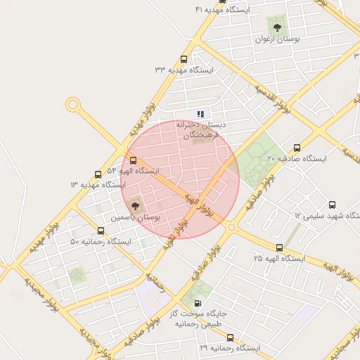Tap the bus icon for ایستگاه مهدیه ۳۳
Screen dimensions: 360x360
(x=184, y=60)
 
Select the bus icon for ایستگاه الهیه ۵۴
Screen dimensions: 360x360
(x=134, y=160)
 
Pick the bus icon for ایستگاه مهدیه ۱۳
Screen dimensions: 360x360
(x=98, y=174)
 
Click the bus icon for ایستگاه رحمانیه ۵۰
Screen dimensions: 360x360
(x=101, y=231)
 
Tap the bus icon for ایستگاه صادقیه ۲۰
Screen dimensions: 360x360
(x=297, y=148)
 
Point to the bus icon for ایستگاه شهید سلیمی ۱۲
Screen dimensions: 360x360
(x=332, y=205)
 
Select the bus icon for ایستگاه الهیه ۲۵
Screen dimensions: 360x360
(x=280, y=247)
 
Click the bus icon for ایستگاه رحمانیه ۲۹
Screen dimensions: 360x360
(x=230, y=337)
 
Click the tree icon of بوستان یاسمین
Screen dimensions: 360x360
(x=135, y=206)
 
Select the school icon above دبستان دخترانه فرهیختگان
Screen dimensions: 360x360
(x=200, y=113)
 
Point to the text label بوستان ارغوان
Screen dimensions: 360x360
(x=277, y=40)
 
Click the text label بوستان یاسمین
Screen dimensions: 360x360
(x=135, y=219)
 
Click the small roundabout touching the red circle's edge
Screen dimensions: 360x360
(x=231, y=226)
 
